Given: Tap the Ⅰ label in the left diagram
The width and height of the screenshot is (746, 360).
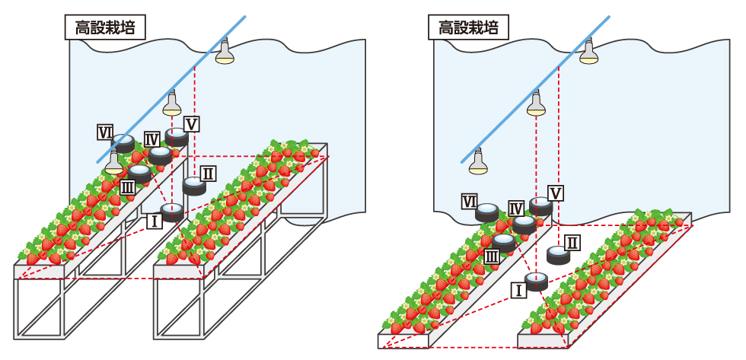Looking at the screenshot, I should [154, 221].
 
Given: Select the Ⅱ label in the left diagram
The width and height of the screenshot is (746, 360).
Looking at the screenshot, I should [208, 174].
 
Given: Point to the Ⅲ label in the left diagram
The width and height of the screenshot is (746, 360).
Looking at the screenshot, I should [129, 185].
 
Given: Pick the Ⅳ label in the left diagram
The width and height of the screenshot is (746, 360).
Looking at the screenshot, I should [151, 139].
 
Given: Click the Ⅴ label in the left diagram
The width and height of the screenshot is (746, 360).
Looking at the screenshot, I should [191, 123].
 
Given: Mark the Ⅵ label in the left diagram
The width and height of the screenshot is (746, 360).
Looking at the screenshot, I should [106, 132].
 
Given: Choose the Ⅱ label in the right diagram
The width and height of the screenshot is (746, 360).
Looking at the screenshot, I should [573, 243].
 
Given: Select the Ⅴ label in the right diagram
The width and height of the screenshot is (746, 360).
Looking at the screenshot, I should [556, 193].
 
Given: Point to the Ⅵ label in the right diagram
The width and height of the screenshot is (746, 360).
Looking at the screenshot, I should [470, 202].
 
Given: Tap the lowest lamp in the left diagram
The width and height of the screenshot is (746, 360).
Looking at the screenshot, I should [113, 162].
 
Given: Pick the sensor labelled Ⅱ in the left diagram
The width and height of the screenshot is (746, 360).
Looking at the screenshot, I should [194, 186].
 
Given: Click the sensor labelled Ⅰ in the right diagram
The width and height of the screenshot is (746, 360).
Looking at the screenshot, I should [537, 281].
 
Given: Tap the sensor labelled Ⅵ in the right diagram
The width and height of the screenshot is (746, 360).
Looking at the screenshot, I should [487, 212].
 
